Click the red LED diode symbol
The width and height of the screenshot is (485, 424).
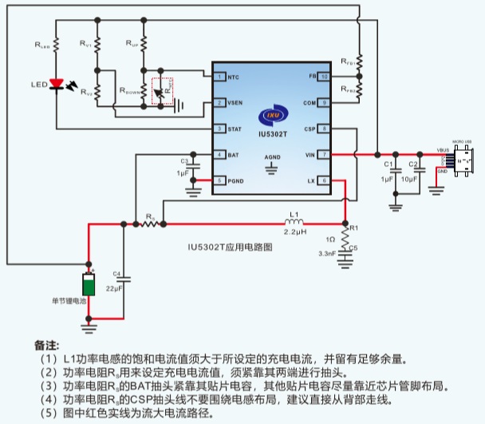[56, 83]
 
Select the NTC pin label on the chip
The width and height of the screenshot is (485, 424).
[233, 77]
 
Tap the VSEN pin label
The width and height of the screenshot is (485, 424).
[235, 103]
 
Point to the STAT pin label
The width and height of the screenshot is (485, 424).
[235, 129]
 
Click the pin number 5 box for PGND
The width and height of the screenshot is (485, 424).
[218, 180]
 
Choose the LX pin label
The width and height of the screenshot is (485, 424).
[311, 180]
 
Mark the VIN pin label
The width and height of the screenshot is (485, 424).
[310, 154]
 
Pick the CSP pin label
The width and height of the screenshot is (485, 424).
[310, 129]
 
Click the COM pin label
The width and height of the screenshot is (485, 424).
[310, 103]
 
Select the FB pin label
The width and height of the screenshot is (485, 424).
[313, 77]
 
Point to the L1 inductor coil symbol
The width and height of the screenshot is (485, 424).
[294, 223]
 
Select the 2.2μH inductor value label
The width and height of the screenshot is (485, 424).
[294, 232]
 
